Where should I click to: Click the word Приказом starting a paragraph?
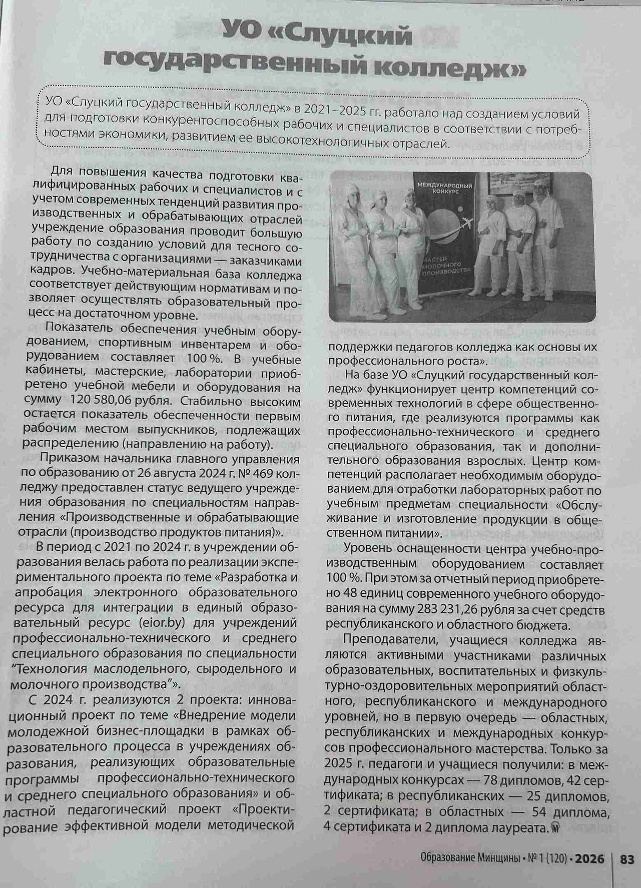[66, 459]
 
